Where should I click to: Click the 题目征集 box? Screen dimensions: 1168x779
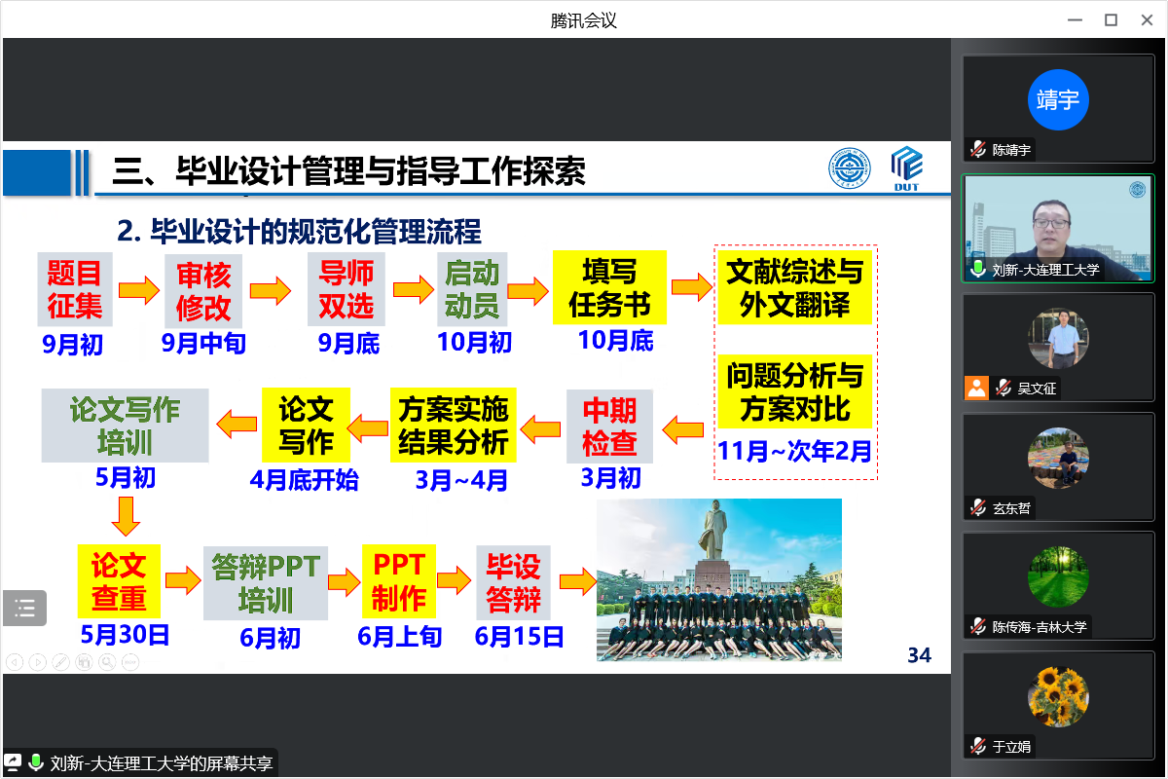75,289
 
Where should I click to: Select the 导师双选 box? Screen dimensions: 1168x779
347,289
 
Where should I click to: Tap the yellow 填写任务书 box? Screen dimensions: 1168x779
609,287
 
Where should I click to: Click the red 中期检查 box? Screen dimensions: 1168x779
609,427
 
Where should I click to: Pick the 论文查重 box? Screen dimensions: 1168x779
119,581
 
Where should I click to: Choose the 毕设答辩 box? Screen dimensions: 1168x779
514,582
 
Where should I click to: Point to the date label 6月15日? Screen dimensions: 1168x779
519,637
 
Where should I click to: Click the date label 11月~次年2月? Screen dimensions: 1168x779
794,451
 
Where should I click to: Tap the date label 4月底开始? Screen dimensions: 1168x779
304,480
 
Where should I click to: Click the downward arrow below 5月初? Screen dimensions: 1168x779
126,516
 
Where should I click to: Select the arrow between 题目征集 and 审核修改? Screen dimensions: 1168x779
139,290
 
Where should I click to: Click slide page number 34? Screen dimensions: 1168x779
919,655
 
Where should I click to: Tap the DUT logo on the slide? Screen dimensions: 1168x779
907,168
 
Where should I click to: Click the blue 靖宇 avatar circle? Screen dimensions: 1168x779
1058,99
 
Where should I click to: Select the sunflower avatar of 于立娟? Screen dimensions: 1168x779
1058,697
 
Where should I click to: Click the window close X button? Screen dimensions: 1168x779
1147,20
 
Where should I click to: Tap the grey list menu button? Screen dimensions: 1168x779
24,608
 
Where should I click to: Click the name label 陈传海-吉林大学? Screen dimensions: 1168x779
1040,627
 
